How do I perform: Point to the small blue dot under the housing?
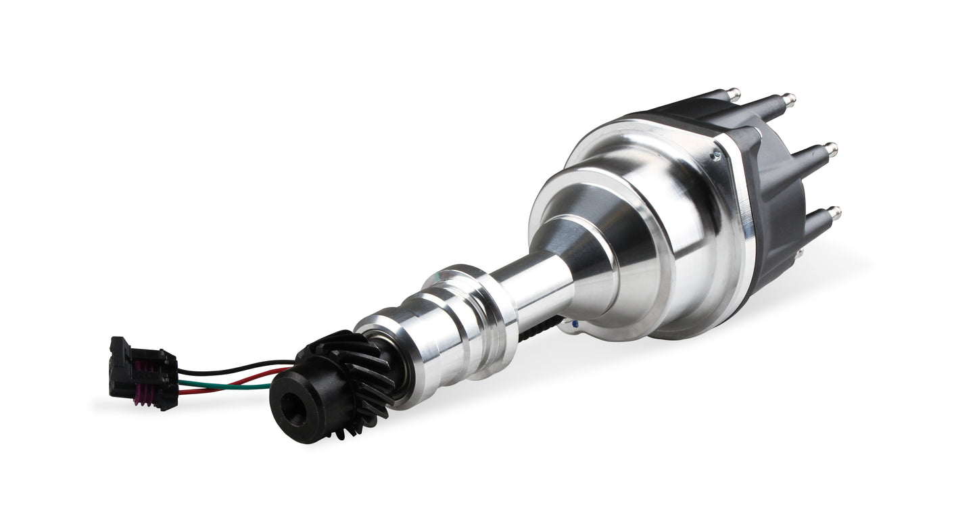(575, 325)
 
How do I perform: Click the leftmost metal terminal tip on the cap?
(734, 94)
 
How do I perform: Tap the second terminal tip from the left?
(788, 100)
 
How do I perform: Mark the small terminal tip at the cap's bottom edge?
(799, 254)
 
